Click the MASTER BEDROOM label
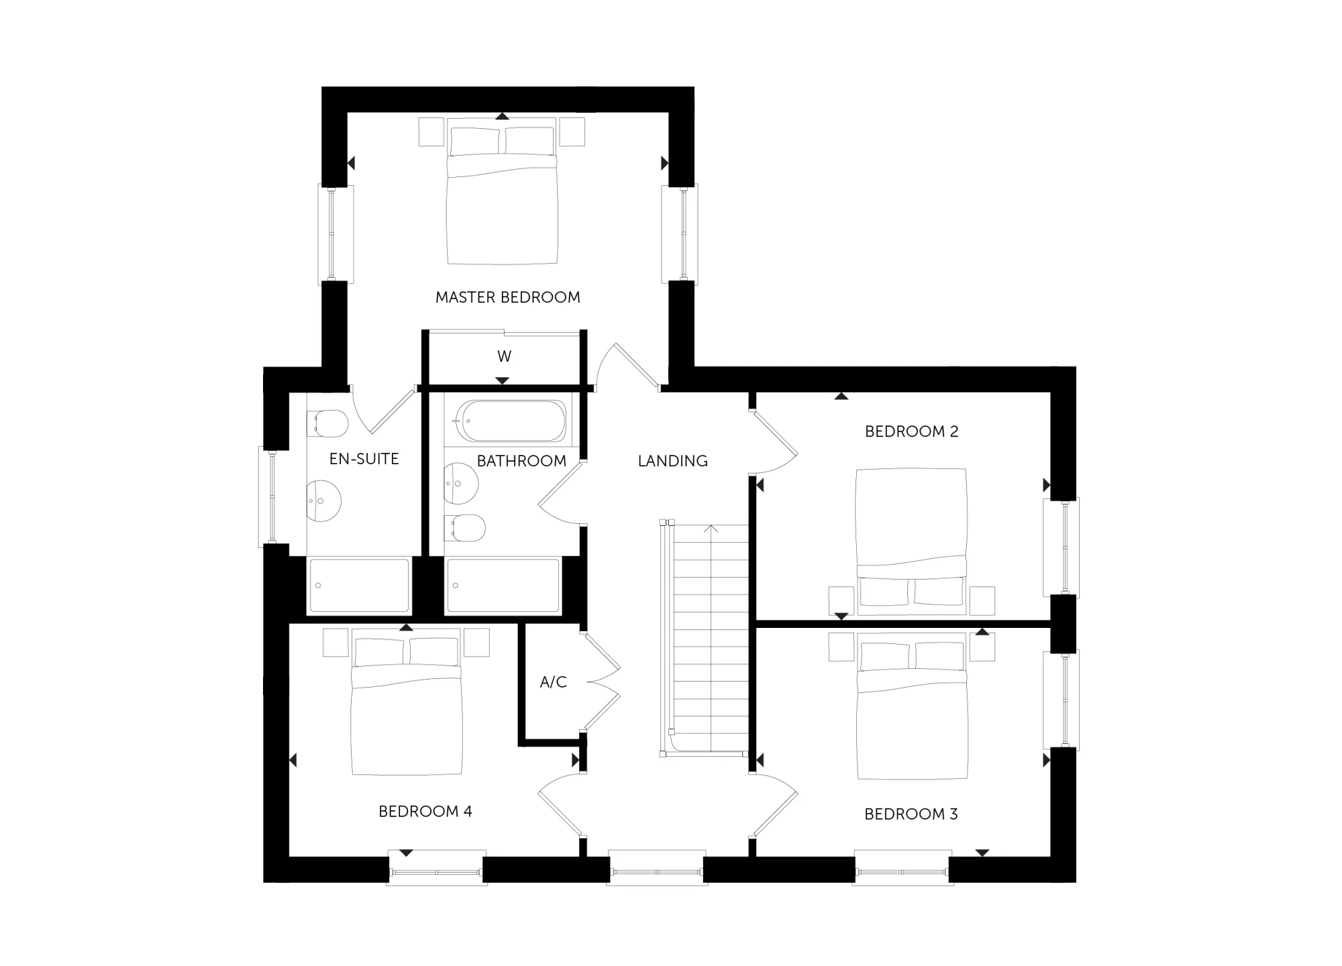508,297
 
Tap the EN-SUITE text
364,459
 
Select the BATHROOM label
521,461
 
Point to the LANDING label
673,461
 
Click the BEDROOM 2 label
912,431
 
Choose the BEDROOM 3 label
911,814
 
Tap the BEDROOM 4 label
425,812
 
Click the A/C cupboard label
554,682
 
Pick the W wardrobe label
505,356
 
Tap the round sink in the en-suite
323,500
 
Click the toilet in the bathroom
464,528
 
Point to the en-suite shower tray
359,586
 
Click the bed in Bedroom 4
407,702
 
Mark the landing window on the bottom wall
657,868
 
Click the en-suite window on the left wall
273,496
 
